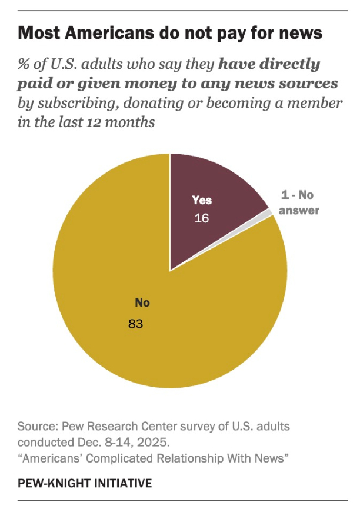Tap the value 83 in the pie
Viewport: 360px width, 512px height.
pos(136,324)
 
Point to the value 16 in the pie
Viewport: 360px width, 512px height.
pos(202,218)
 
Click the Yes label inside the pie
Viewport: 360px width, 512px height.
pos(202,200)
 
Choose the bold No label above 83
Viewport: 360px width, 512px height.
pos(142,303)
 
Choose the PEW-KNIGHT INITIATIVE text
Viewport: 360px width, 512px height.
pos(85,483)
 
